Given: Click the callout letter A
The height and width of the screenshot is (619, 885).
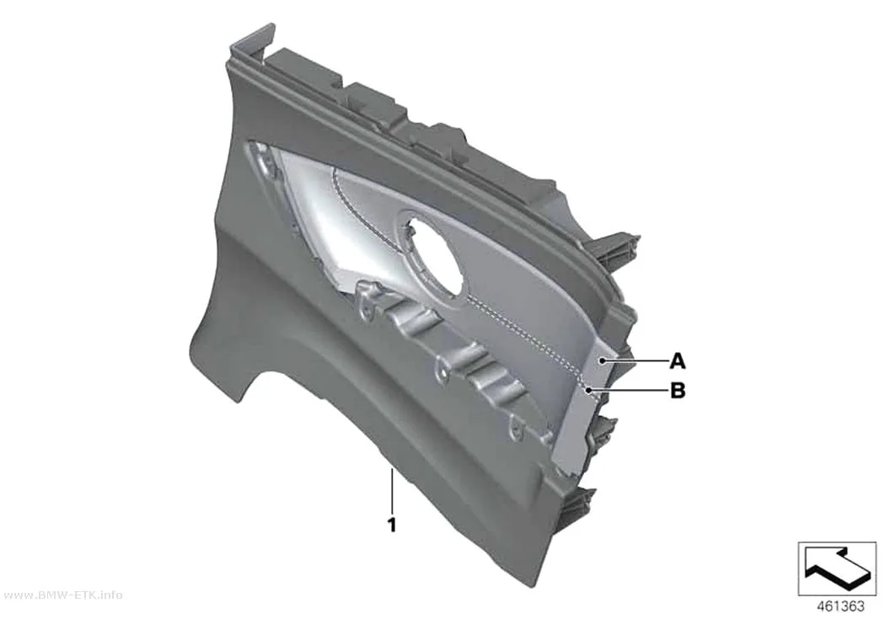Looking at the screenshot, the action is (x=678, y=360).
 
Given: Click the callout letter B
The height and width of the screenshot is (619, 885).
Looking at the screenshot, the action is (x=678, y=390).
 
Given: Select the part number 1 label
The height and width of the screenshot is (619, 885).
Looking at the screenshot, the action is (x=392, y=525).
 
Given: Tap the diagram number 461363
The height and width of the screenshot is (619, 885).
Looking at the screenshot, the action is (x=840, y=606).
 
